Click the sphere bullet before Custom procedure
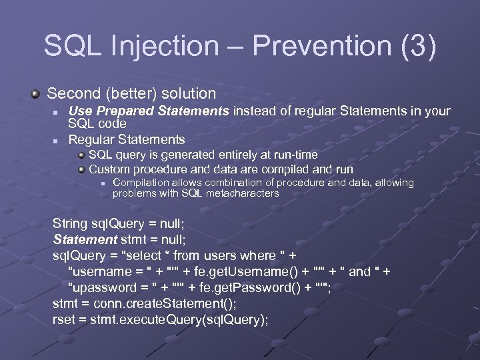tap(81, 169)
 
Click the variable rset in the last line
tap(64, 319)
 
